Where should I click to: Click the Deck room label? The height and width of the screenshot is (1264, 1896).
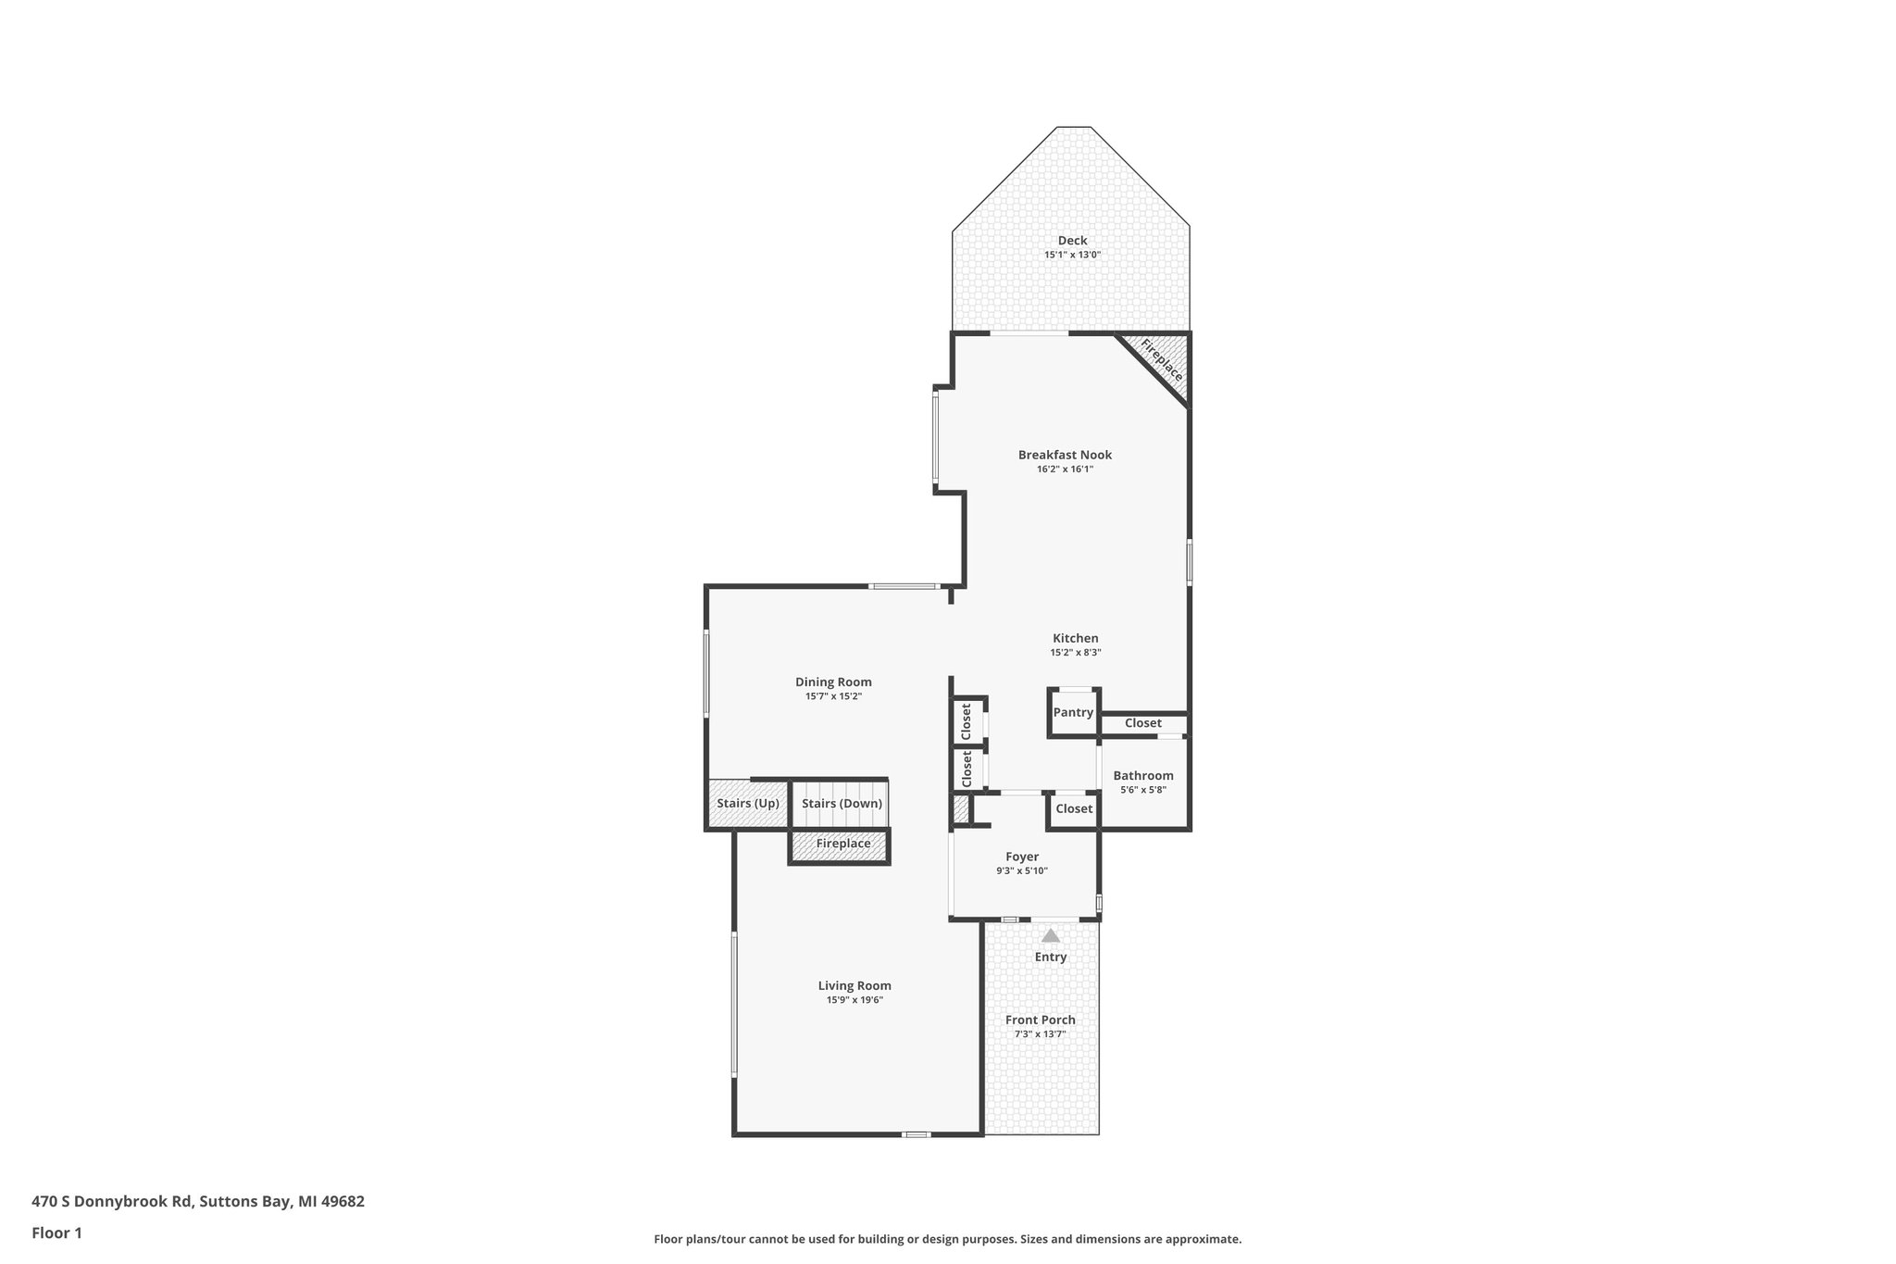[1072, 241]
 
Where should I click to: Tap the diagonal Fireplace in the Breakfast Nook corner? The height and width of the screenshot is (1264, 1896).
[1161, 360]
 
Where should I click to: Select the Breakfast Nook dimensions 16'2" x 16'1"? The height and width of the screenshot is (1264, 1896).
[1065, 469]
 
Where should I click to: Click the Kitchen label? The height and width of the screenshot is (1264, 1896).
[1075, 638]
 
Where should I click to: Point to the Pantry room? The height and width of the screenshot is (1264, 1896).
[1073, 712]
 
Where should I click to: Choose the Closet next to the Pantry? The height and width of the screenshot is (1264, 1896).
[1142, 723]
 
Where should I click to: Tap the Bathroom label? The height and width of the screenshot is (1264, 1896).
[1142, 776]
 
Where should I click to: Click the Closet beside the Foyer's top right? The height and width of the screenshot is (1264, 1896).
[1074, 809]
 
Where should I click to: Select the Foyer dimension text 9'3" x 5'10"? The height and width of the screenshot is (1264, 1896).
[1022, 870]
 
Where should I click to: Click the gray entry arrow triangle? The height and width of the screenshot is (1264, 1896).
[1050, 936]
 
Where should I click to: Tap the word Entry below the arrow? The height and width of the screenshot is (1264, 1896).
[1050, 957]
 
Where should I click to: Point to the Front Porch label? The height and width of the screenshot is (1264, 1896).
[1041, 1020]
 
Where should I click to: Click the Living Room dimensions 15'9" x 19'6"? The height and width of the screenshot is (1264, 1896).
[854, 1000]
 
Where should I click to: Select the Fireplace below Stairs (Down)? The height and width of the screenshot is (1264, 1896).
[842, 844]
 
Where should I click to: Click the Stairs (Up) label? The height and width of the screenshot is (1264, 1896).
[747, 803]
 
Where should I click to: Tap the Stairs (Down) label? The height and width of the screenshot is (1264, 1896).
[842, 803]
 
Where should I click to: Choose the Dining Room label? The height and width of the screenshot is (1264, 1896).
[833, 682]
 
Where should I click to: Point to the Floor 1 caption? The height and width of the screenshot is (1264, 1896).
[56, 1233]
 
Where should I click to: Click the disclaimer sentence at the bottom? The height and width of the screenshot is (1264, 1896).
[947, 1239]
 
